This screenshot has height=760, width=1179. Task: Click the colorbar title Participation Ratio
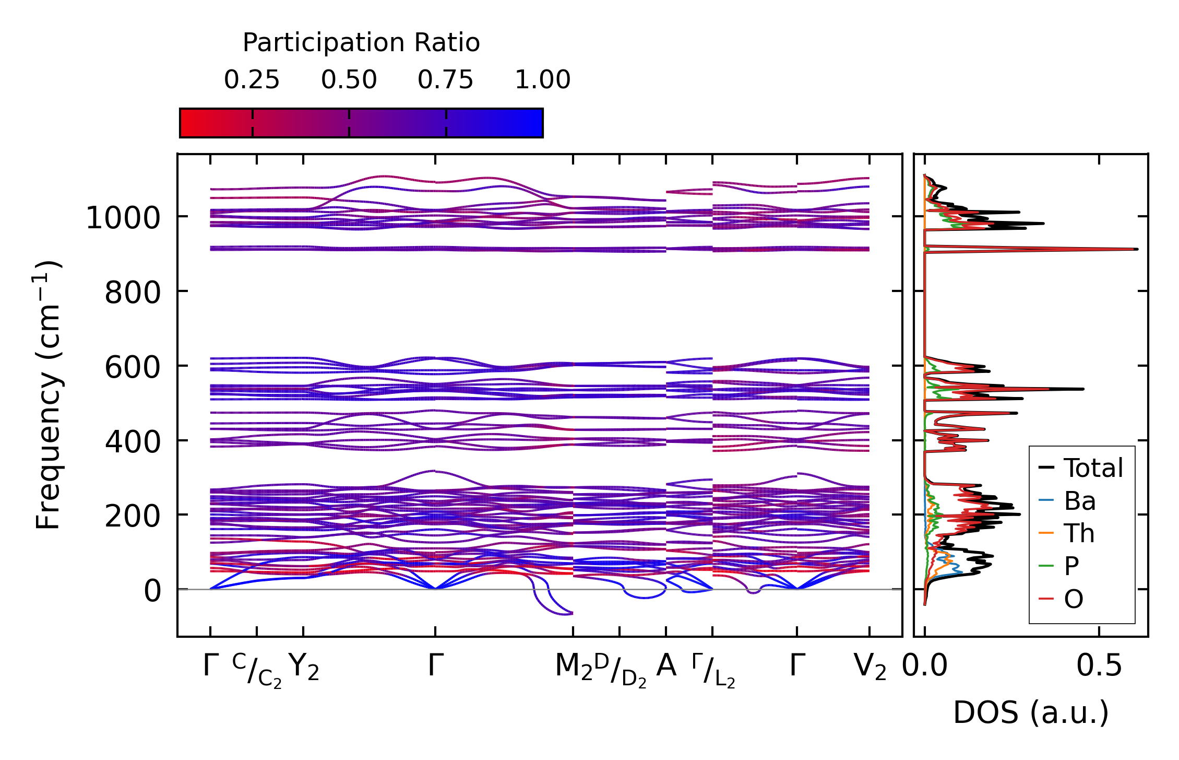coord(361,43)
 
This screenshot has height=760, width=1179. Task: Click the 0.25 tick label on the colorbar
coord(252,80)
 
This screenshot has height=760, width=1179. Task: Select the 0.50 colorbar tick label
coord(349,80)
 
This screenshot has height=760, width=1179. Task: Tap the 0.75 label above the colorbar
coord(445,80)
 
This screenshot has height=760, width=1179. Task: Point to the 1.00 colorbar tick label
coord(542,80)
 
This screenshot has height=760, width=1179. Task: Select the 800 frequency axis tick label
coord(133,293)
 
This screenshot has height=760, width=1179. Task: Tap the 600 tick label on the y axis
coord(133,367)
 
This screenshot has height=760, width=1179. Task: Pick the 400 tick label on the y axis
coord(133,442)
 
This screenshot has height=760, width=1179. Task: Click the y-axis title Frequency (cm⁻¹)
coord(48,395)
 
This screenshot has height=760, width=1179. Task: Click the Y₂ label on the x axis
coord(303,668)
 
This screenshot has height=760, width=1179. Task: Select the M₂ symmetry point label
coord(574,668)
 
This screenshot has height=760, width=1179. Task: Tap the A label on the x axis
coord(666,666)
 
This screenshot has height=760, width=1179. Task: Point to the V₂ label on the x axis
coord(870,668)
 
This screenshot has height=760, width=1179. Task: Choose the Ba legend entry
coord(1079,501)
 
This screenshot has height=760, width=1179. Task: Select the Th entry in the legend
coord(1079,533)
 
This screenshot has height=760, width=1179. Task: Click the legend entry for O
coord(1074,599)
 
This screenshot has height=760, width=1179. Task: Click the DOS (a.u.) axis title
coord(1031,713)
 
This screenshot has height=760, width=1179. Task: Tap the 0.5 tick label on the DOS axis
coord(1099,667)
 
